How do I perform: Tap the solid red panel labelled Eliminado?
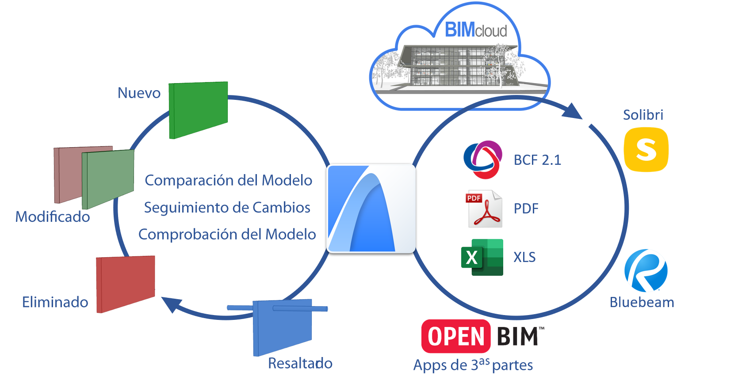point(126,284)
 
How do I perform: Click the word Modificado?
point(53,217)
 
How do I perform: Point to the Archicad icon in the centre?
point(371,209)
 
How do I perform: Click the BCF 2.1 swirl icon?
point(483,160)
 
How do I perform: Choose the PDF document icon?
point(484,209)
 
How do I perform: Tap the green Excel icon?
point(482,257)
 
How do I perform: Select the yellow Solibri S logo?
point(646,149)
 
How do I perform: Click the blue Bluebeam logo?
point(646,270)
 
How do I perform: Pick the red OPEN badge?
point(456,336)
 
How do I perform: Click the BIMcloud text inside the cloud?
point(476,30)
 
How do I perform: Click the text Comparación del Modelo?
point(228,180)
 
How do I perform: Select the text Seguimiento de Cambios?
point(227,207)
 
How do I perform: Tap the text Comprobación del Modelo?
point(227,234)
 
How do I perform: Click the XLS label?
point(524,257)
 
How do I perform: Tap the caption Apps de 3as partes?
point(473,365)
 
